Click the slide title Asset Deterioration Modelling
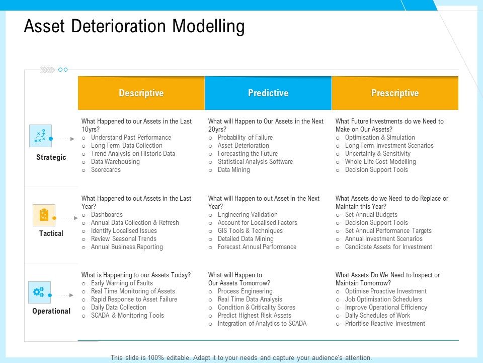pyautogui.click(x=134, y=26)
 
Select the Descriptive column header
pyautogui.click(x=141, y=93)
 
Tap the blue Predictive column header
pyautogui.click(x=268, y=93)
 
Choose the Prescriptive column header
pyautogui.click(x=395, y=93)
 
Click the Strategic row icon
pyautogui.click(x=40, y=136)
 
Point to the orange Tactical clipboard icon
pyautogui.click(x=44, y=215)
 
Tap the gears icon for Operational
pyautogui.click(x=39, y=292)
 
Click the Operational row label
pyautogui.click(x=51, y=311)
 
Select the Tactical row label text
pyautogui.click(x=51, y=233)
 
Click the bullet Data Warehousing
pyautogui.click(x=115, y=162)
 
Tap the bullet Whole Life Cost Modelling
pyautogui.click(x=380, y=162)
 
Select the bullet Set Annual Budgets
pyautogui.click(x=371, y=215)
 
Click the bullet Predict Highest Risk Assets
pyautogui.click(x=254, y=316)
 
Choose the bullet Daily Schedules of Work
pyautogui.click(x=377, y=316)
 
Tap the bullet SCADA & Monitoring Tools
pyautogui.click(x=127, y=316)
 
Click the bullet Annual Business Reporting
pyautogui.click(x=127, y=247)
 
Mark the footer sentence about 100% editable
pyautogui.click(x=241, y=357)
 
